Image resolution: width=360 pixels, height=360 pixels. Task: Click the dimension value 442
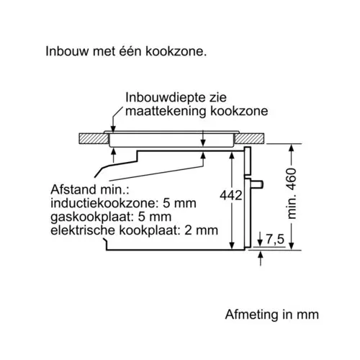pos(231,195)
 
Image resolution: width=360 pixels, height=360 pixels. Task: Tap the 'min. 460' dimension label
pos(292,194)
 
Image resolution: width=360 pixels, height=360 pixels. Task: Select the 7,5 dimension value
pos(275,239)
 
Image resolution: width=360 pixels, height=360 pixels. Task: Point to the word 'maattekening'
pos(166,111)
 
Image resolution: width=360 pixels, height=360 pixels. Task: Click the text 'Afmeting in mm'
pos(272,315)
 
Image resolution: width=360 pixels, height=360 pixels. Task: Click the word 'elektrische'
pos(83,230)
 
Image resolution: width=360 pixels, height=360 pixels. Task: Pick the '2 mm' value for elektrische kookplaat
pos(202,230)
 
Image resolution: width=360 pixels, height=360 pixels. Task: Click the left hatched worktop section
pos(94,138)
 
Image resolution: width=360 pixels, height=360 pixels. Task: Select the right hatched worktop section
pos(250,138)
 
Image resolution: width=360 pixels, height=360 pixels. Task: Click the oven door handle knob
pos(257,184)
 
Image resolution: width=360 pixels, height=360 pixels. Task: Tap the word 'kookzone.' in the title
pos(176,51)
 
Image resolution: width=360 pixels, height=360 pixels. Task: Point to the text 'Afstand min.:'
pos(90,189)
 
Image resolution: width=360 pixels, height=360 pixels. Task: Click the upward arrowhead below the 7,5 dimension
pos(261,254)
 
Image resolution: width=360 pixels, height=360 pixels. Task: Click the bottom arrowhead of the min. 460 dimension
pos(292,246)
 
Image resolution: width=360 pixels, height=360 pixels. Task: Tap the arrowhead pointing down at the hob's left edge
pos(113,129)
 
